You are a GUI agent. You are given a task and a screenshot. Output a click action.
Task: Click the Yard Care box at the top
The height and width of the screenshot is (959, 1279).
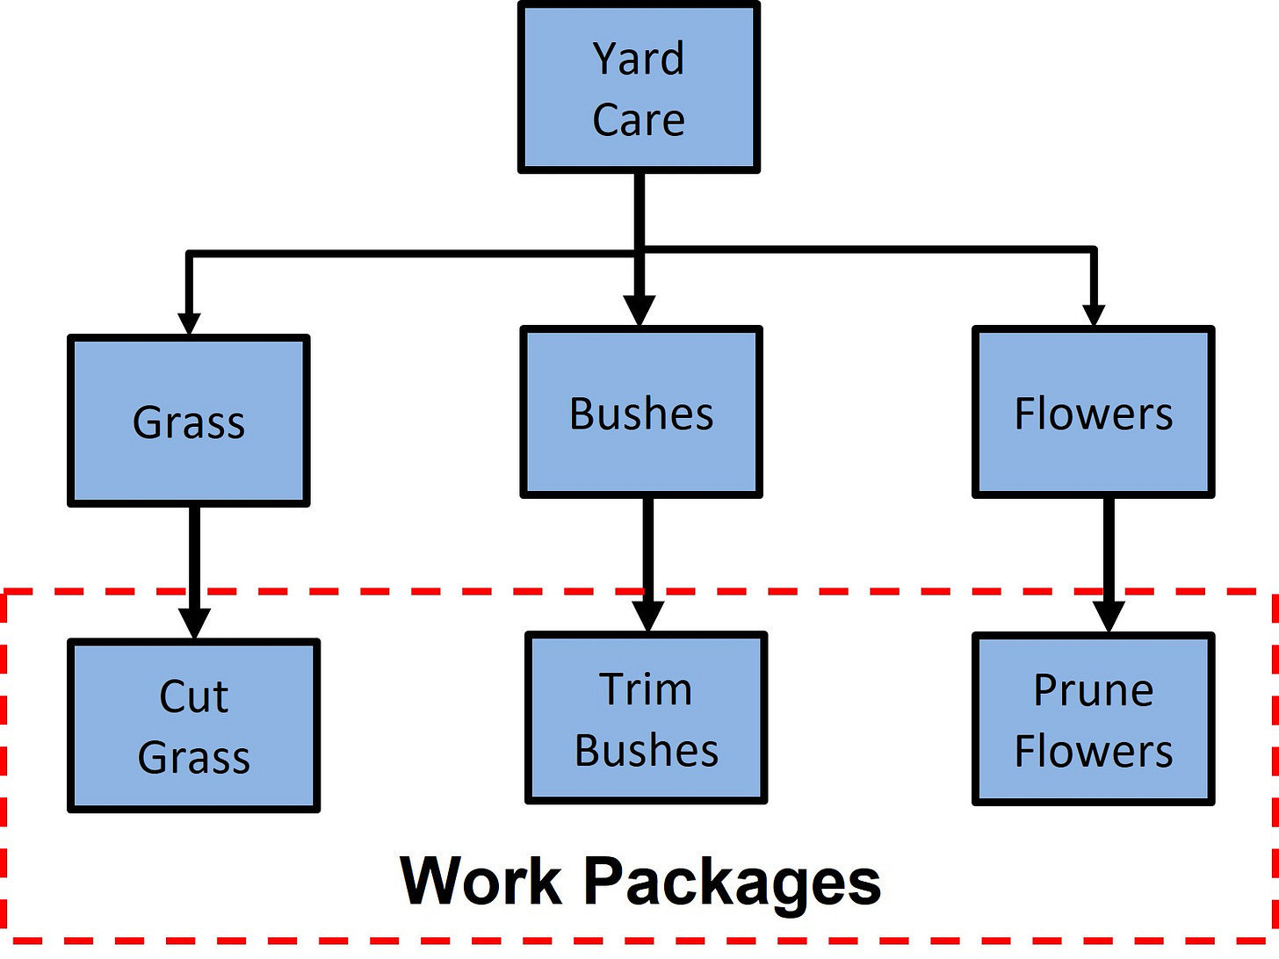639,88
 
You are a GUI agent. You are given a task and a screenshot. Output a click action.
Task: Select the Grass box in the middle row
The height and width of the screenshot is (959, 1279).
189,421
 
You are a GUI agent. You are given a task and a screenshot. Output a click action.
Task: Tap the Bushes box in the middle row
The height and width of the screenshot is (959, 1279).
641,412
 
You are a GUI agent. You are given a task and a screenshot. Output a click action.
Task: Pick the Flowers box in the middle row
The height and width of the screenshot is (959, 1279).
1094,412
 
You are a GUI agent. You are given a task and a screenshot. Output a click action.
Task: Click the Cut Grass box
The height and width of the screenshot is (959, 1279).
194,725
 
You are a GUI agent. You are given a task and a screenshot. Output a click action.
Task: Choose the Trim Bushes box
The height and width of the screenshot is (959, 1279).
647,718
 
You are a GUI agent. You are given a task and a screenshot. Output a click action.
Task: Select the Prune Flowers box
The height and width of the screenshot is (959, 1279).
1094,719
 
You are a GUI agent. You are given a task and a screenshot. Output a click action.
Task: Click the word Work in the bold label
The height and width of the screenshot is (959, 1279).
480,881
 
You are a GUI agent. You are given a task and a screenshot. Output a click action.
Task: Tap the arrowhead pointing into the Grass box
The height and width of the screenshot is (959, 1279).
189,322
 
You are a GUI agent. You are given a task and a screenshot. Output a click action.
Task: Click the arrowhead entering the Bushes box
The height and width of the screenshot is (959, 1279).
639,311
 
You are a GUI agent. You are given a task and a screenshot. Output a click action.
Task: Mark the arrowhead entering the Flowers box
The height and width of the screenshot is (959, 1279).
1094,314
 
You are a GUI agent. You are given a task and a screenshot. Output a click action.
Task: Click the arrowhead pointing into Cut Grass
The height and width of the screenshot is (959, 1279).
194,623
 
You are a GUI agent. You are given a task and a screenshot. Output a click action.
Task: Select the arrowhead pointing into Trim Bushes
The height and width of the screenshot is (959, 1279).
647,616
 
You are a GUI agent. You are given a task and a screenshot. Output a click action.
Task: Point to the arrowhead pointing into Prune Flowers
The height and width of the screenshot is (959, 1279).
1109,616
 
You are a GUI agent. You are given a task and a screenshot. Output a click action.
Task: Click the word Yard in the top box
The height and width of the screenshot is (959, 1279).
639,60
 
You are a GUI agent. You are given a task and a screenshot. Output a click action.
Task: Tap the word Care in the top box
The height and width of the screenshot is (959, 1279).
639,120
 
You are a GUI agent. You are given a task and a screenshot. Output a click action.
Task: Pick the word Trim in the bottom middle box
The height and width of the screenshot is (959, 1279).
646,689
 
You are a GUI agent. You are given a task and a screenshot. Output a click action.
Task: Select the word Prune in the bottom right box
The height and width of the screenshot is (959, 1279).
1094,690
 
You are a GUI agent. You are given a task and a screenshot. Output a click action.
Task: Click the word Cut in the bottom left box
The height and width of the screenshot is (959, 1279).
194,697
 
